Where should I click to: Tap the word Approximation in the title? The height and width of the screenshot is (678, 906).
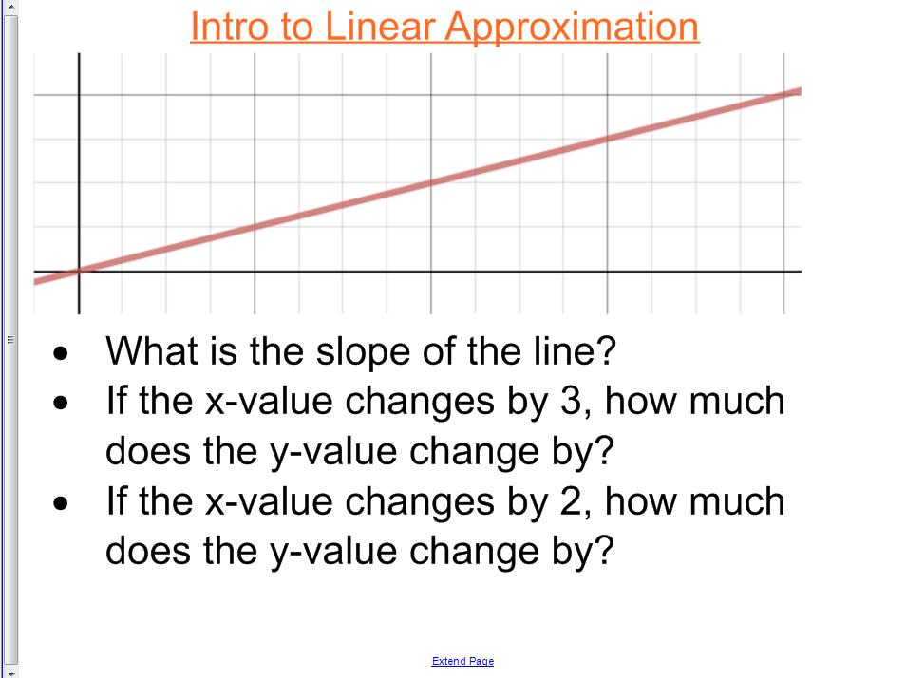[572, 28]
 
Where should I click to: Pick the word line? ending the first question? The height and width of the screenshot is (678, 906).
[580, 351]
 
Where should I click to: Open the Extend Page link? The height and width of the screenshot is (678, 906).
[462, 661]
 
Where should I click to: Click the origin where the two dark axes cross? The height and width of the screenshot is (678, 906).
[79, 272]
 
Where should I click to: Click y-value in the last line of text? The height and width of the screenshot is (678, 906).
[330, 551]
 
